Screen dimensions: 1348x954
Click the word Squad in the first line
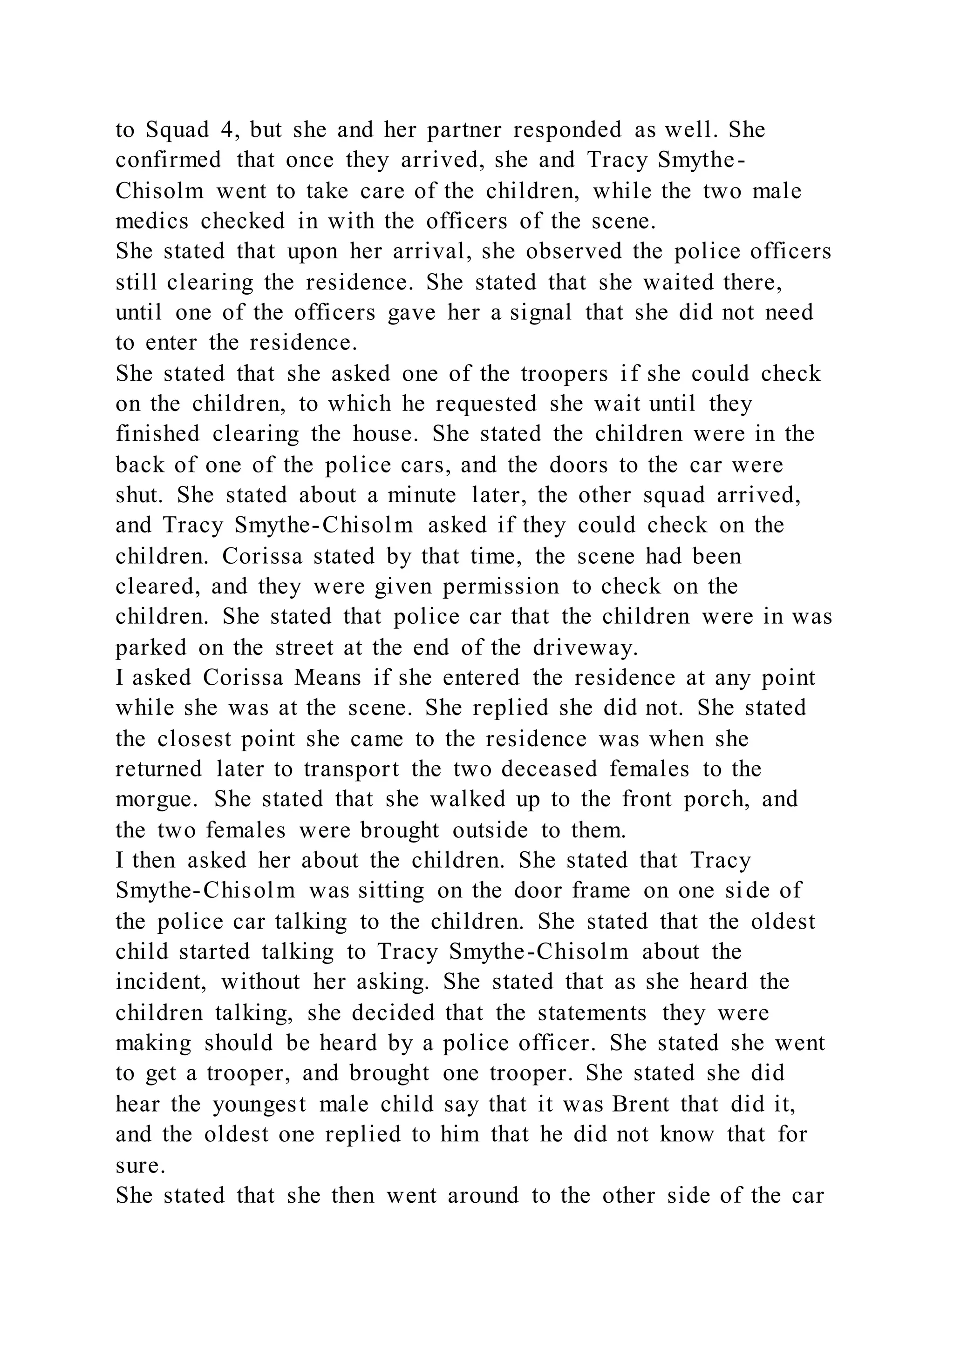point(177,130)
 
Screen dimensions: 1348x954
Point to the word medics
point(152,222)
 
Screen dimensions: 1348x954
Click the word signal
point(540,312)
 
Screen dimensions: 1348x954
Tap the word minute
point(421,495)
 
